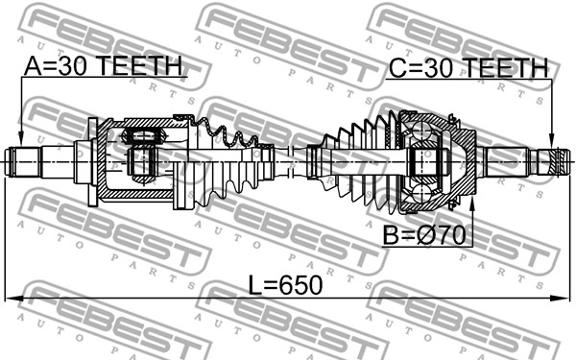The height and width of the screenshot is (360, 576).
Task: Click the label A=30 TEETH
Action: coord(104,65)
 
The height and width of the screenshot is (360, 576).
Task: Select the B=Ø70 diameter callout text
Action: coord(424,235)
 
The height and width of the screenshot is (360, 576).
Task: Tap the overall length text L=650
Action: coord(285,285)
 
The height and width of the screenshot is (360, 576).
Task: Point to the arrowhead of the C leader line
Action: coord(551,141)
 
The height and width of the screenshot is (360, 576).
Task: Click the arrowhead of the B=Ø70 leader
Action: coord(472,204)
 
